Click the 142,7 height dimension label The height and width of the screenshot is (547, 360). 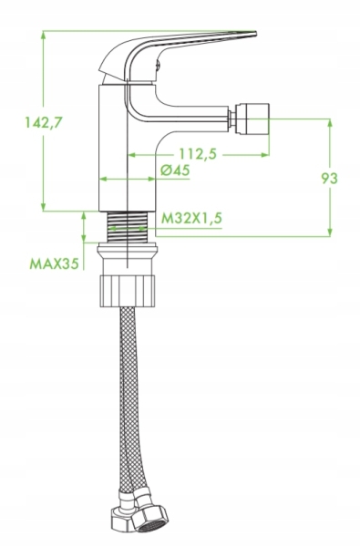[x=44, y=122]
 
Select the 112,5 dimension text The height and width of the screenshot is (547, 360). [x=198, y=154]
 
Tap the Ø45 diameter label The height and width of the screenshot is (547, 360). [x=175, y=170]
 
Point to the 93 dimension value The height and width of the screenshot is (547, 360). [x=329, y=179]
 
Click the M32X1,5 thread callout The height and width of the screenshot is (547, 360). [x=191, y=219]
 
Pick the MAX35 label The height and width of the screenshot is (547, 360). [x=54, y=263]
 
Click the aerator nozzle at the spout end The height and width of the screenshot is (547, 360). [x=252, y=119]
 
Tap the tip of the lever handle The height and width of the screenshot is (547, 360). [x=255, y=34]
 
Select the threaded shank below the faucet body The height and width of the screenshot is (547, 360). [x=128, y=227]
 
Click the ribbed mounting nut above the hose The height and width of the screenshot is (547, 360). [x=128, y=291]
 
